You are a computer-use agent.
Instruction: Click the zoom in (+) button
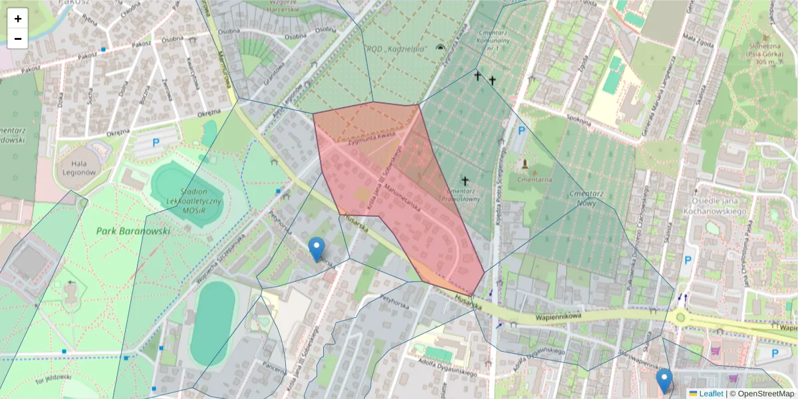click(x=18, y=19)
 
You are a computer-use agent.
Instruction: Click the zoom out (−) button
click(x=18, y=39)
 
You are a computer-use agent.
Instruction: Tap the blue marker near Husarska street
click(x=317, y=249)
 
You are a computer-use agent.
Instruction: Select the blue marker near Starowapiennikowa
click(x=664, y=380)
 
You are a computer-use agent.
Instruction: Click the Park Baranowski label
click(x=133, y=231)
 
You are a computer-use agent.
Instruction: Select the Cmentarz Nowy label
click(x=586, y=198)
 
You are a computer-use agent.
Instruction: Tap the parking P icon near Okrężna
click(x=156, y=142)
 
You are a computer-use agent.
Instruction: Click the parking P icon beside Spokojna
click(x=521, y=131)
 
